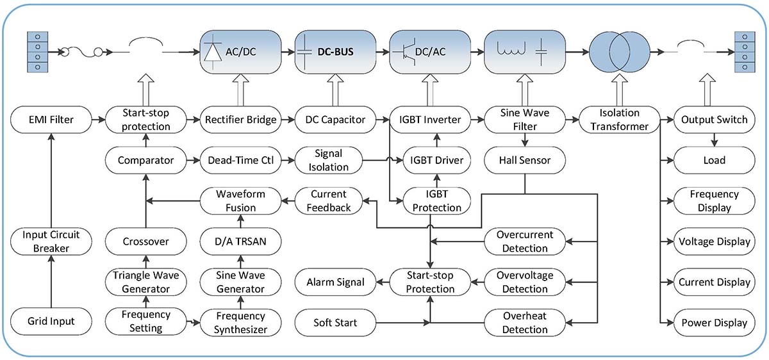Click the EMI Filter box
pos(51,119)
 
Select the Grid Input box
pos(51,321)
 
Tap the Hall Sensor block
pos(525,160)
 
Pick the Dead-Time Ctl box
pos(241,160)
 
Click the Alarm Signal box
pos(335,282)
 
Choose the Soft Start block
pos(335,323)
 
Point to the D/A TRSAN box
pos(241,241)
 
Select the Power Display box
pos(715,323)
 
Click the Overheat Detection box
pos(525,323)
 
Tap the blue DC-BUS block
pos(335,52)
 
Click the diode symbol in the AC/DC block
pos(213,52)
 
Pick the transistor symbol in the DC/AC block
pos(405,52)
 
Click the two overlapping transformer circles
pos(620,52)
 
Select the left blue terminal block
pos(37,52)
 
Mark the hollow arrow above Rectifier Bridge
pos(241,90)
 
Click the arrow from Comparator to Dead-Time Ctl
pos(194,160)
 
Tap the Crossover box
pos(146,241)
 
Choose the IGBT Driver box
pos(436,160)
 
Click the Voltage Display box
pos(715,241)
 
